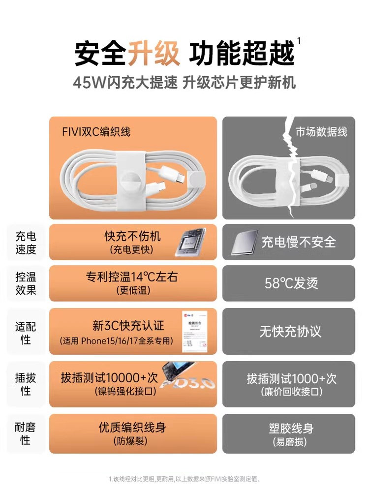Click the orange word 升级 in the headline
(154, 53)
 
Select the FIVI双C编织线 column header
(97, 131)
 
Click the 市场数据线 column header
(321, 131)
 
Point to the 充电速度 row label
(26, 242)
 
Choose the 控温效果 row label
(26, 283)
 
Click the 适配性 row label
(26, 333)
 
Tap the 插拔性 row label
(26, 384)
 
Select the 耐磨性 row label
(26, 433)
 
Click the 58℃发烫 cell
(291, 283)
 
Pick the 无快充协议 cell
(290, 331)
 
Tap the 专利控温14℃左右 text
(132, 277)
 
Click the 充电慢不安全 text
(299, 242)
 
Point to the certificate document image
(194, 331)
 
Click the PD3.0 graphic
(192, 382)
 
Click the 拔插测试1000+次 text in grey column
(291, 379)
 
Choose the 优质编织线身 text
(132, 428)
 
